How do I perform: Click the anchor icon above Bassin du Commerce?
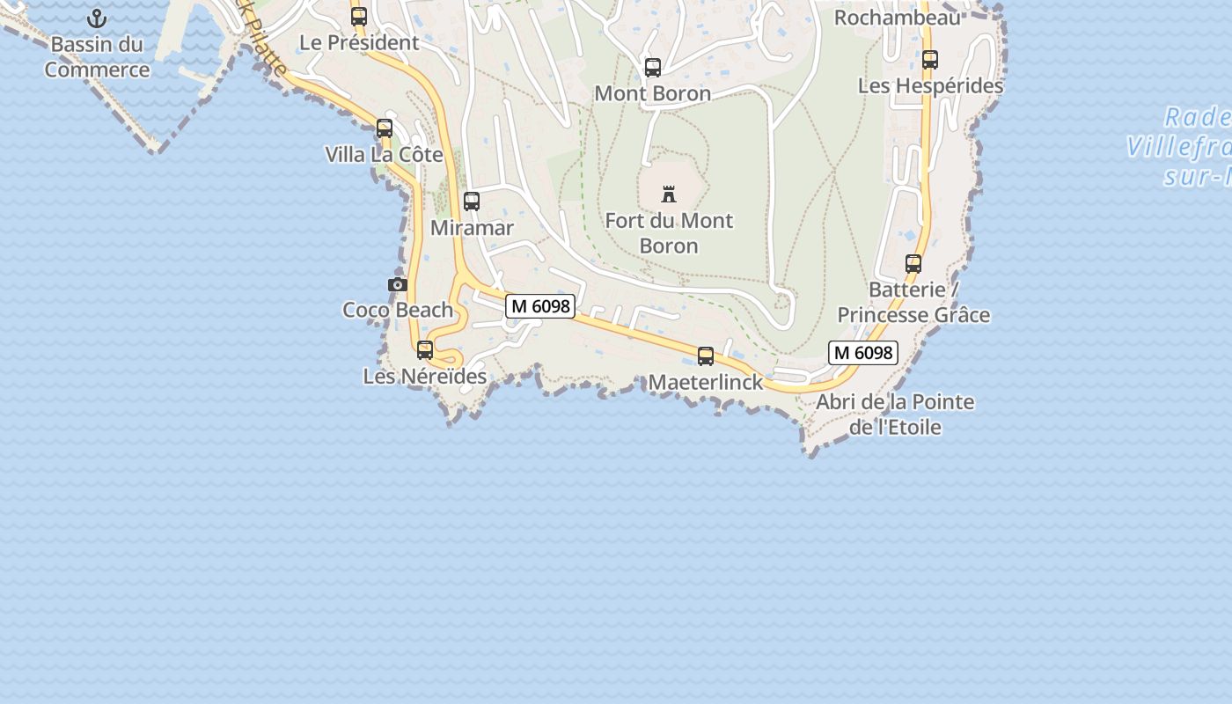pos(97,18)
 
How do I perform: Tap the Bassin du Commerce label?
pos(97,57)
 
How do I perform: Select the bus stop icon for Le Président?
pos(358,16)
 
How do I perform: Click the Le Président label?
pos(359,42)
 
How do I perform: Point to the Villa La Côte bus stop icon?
pos(385,128)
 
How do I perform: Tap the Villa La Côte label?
pos(384,155)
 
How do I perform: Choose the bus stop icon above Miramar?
pos(472,202)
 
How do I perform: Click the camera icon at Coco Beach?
pos(398,284)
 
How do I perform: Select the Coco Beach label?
pos(398,310)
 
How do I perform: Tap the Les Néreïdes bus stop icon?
pos(425,350)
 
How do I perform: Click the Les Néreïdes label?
pos(425,377)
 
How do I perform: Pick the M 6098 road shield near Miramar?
pos(540,306)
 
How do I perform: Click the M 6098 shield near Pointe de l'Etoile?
pos(862,353)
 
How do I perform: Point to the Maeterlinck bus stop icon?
pos(706,356)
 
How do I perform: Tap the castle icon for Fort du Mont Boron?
pos(669,194)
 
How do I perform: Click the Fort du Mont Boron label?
pos(669,233)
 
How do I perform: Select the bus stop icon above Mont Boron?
pos(653,68)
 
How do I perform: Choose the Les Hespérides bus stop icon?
pos(930,60)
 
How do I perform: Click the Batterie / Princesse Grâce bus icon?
pos(913,264)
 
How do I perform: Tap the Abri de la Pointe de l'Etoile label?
pos(895,414)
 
